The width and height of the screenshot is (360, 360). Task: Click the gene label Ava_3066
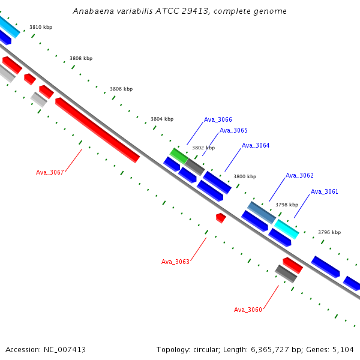pos(218,119)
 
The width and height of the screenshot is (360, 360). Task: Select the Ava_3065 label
pos(233,130)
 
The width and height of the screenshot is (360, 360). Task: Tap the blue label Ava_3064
pos(256,145)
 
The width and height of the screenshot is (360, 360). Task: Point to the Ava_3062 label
pos(299,175)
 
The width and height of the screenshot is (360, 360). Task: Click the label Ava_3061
pos(325,191)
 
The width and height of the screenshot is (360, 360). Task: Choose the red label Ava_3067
pos(50,172)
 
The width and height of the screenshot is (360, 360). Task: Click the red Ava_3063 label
pos(175,262)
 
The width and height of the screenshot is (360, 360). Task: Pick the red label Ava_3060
pos(248,310)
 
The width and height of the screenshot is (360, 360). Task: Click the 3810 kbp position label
pos(41,28)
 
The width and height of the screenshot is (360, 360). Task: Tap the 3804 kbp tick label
pos(162,119)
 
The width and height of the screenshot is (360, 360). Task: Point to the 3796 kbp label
pos(329,232)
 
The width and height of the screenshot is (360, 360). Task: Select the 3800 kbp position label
pos(245,176)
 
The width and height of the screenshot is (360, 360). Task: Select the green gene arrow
pos(178,155)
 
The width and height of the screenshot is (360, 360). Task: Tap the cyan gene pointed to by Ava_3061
pos(287,229)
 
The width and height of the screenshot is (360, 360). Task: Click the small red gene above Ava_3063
pos(221,218)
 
